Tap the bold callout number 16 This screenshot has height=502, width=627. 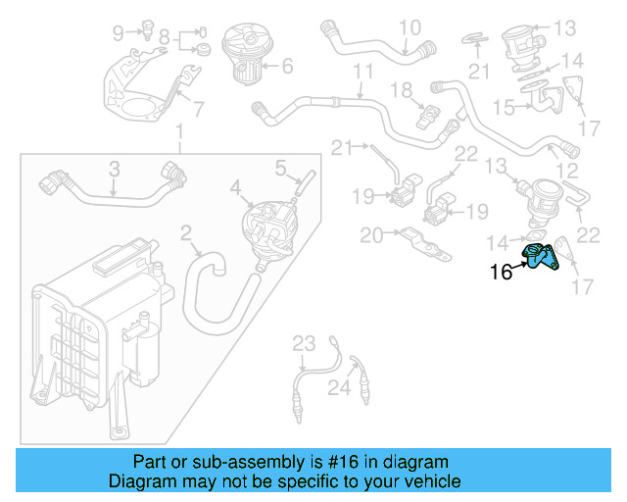(501, 273)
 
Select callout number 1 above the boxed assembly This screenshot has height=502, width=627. (179, 132)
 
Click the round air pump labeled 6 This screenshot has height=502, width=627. (241, 52)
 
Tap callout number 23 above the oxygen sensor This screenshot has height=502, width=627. (305, 342)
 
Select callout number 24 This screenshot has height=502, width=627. (338, 388)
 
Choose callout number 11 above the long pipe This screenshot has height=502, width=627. (363, 73)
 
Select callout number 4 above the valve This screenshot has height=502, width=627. (234, 185)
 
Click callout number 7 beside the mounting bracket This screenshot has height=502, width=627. (198, 109)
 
